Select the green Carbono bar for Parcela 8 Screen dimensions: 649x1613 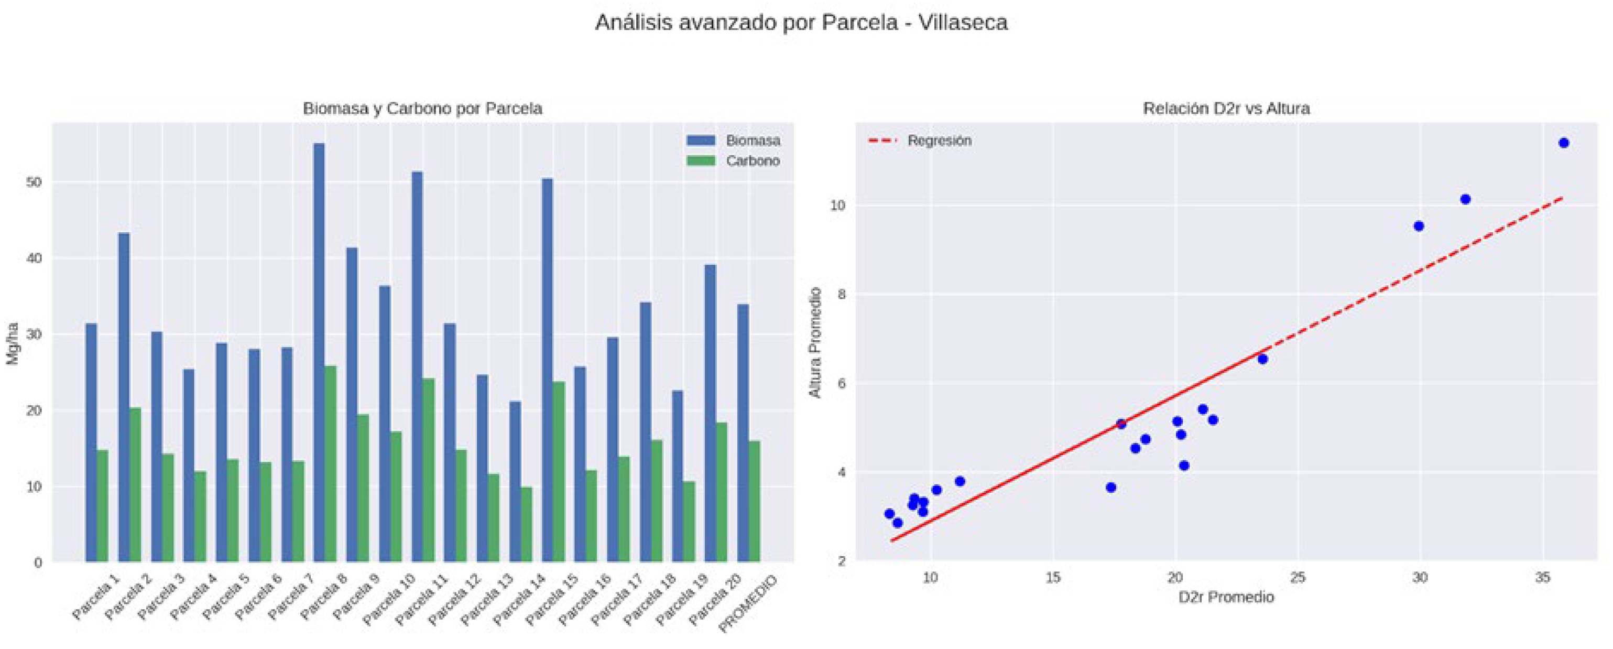pyautogui.click(x=331, y=463)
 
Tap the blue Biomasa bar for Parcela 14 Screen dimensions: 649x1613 pyautogui.click(x=515, y=481)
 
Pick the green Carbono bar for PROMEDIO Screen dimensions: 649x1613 pyautogui.click(x=755, y=501)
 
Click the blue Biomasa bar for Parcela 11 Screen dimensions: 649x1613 pyautogui.click(x=417, y=366)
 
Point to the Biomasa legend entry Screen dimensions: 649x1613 pyautogui.click(x=733, y=140)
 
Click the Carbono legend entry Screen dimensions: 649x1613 pyautogui.click(x=733, y=161)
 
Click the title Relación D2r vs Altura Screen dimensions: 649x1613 pyautogui.click(x=1226, y=109)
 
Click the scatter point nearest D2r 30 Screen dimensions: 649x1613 pyautogui.click(x=1419, y=226)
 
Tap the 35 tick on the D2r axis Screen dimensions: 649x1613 pyautogui.click(x=1542, y=577)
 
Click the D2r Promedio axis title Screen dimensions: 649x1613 pyautogui.click(x=1226, y=597)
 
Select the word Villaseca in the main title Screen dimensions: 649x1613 pyautogui.click(x=963, y=23)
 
